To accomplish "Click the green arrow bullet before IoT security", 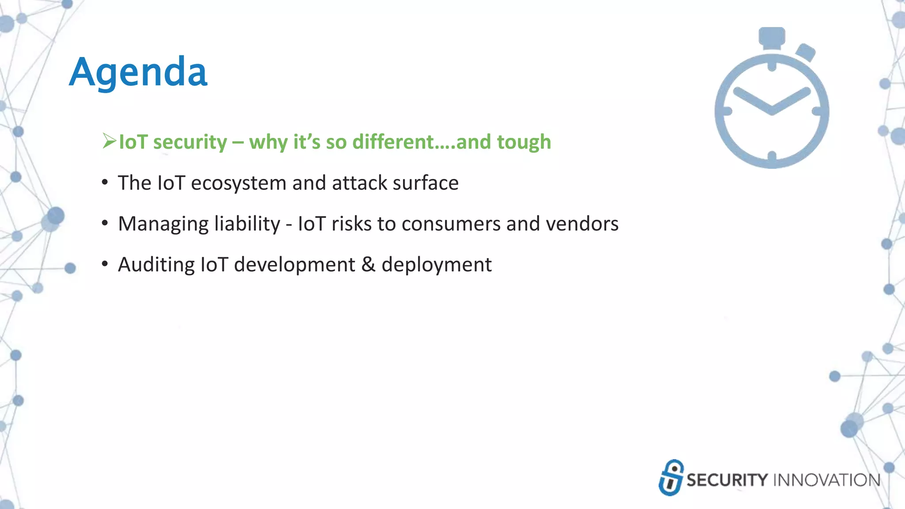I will click(109, 141).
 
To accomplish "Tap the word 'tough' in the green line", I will click(524, 142).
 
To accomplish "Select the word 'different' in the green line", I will click(393, 142).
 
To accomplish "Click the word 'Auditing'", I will click(156, 265).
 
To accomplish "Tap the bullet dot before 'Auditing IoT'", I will click(105, 264).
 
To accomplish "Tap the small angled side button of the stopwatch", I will click(806, 53).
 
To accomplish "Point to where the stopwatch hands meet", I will click(772, 110).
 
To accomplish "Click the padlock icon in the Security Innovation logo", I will click(671, 478).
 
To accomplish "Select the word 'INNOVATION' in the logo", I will click(826, 480).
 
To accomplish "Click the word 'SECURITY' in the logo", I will click(727, 480).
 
